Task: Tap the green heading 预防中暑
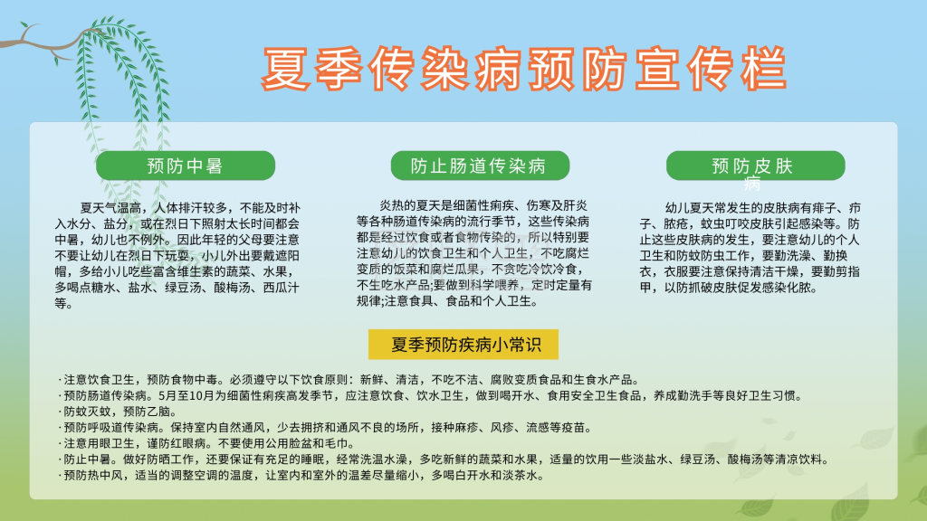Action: (185, 166)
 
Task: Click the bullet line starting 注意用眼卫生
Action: (199, 443)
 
